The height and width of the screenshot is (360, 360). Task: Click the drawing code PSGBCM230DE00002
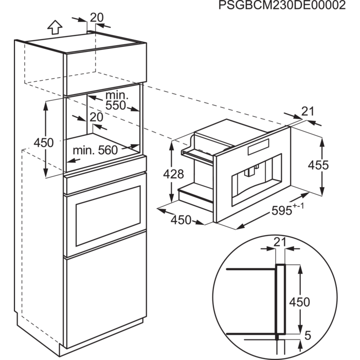tap(281, 6)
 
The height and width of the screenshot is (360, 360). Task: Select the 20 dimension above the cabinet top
tap(97, 17)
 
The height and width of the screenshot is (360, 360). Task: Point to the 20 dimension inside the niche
tap(96, 118)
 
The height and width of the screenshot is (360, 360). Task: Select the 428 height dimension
tap(174, 174)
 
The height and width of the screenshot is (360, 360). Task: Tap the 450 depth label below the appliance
tap(181, 220)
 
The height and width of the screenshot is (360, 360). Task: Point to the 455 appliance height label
tap(318, 165)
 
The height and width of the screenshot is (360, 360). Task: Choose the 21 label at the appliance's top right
tap(307, 111)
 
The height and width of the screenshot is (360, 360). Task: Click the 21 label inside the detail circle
tap(279, 243)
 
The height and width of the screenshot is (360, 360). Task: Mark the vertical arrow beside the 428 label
tap(171, 175)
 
